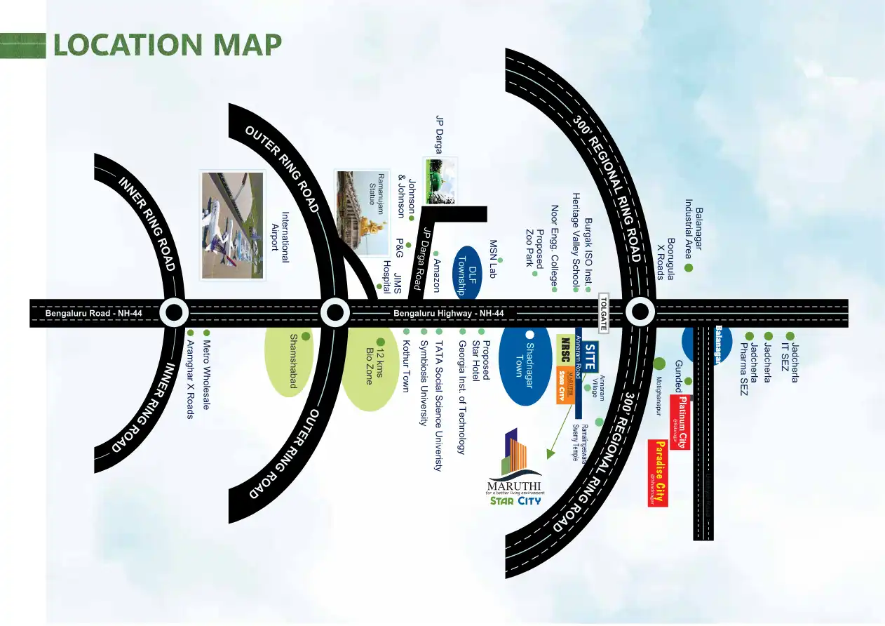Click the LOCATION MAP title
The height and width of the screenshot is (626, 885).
click(x=168, y=45)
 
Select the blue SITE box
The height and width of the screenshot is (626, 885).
click(x=590, y=357)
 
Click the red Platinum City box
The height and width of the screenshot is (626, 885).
click(x=680, y=422)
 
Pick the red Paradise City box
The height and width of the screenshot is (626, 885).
click(x=658, y=473)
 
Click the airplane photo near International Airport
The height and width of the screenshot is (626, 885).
click(x=232, y=225)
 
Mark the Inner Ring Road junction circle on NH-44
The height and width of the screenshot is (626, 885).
click(x=173, y=313)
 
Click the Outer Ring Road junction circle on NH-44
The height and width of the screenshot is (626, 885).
click(x=335, y=313)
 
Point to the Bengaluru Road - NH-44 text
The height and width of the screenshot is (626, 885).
click(x=94, y=314)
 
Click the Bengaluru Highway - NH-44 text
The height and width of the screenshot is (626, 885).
click(x=449, y=314)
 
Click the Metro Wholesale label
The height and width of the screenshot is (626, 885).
click(x=206, y=375)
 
